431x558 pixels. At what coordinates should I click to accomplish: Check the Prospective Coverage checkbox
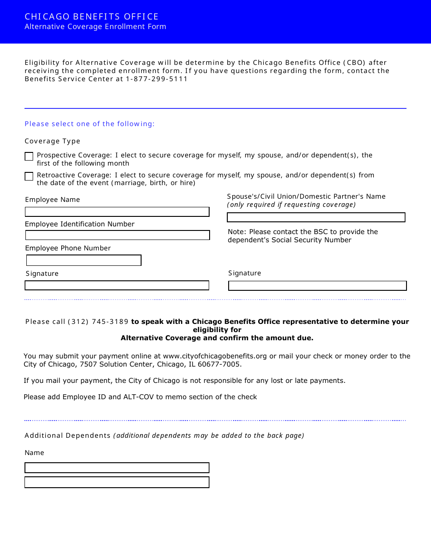[x=29, y=157]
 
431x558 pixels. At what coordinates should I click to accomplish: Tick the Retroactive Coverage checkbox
[x=29, y=176]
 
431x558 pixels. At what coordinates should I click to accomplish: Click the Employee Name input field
[x=117, y=212]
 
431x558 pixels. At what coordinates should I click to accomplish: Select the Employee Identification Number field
[x=118, y=235]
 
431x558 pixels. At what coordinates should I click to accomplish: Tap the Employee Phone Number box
[x=84, y=260]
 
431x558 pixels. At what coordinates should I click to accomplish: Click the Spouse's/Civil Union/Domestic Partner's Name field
[x=316, y=217]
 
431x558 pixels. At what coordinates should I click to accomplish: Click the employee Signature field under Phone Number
[x=117, y=285]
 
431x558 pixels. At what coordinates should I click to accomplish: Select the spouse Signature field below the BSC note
[x=317, y=286]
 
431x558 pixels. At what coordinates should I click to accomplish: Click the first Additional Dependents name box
[x=117, y=468]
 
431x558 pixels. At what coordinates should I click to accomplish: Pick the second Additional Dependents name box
[x=117, y=482]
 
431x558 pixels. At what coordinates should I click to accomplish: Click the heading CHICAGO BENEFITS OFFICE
[x=92, y=17]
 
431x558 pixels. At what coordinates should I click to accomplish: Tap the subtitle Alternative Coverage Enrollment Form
[x=95, y=27]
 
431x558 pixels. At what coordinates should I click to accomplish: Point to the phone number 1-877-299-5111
[x=157, y=79]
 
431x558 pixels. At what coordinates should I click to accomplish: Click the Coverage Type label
[x=52, y=141]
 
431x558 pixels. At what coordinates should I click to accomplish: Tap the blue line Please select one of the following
[x=89, y=124]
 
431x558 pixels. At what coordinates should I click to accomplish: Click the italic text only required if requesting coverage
[x=291, y=205]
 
